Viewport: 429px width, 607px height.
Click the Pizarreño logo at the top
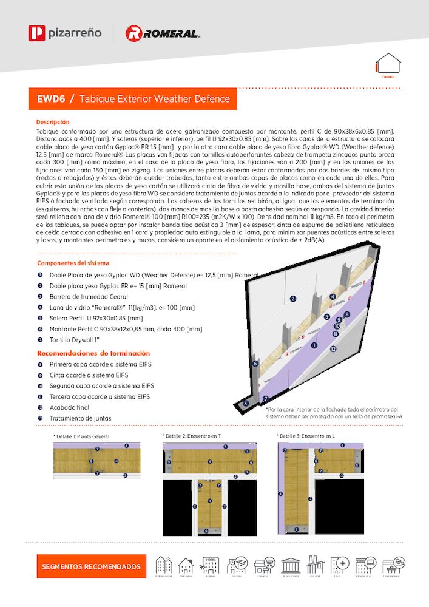pos(65,33)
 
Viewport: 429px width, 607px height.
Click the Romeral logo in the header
pos(162,33)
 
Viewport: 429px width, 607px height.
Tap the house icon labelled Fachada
pos(388,66)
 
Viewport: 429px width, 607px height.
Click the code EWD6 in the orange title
pos(51,98)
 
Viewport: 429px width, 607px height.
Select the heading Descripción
pos(53,122)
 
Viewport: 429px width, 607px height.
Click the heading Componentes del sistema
pos(73,263)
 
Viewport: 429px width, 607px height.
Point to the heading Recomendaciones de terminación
pos(93,353)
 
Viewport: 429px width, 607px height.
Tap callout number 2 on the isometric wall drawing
pos(292,299)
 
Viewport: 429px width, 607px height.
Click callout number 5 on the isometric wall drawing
pos(246,403)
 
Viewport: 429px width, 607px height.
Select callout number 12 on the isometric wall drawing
pos(333,349)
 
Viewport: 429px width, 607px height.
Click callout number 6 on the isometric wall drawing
pos(255,364)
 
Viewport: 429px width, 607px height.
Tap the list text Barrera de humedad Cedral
pos(89,296)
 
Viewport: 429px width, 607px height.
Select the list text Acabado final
pos(69,407)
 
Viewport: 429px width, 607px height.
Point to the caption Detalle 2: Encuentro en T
pos(193,436)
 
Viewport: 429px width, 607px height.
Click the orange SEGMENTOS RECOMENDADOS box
pos(91,566)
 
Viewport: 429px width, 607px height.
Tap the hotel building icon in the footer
pos(211,565)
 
